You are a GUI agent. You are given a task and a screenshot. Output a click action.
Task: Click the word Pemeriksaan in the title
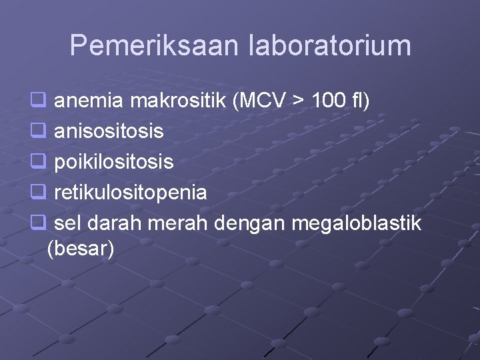154,45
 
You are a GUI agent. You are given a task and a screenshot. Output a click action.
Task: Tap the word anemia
90,101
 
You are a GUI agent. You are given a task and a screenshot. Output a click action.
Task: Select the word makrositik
178,101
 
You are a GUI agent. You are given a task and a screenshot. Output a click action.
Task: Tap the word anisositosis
109,131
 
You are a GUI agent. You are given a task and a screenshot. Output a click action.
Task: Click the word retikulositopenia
130,193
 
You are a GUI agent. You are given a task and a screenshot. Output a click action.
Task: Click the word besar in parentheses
81,249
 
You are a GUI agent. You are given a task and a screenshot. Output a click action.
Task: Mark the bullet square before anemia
37,101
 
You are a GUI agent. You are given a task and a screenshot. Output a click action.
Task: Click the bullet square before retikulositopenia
37,193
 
